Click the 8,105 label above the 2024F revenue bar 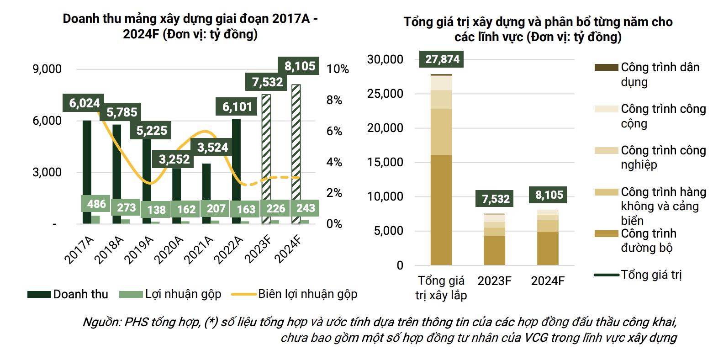click(x=300, y=66)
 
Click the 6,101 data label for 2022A click(x=237, y=107)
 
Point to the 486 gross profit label click(x=96, y=204)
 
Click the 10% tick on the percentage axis click(x=338, y=69)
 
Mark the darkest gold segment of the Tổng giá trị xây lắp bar click(x=441, y=210)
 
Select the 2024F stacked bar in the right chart click(x=548, y=238)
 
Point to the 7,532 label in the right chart click(x=496, y=199)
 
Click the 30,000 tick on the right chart click(x=385, y=59)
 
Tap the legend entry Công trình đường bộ click(x=648, y=240)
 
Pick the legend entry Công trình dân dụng click(x=660, y=74)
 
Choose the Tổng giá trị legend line click(x=651, y=275)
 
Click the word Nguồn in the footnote click(x=101, y=322)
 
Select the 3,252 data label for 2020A click(x=174, y=159)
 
